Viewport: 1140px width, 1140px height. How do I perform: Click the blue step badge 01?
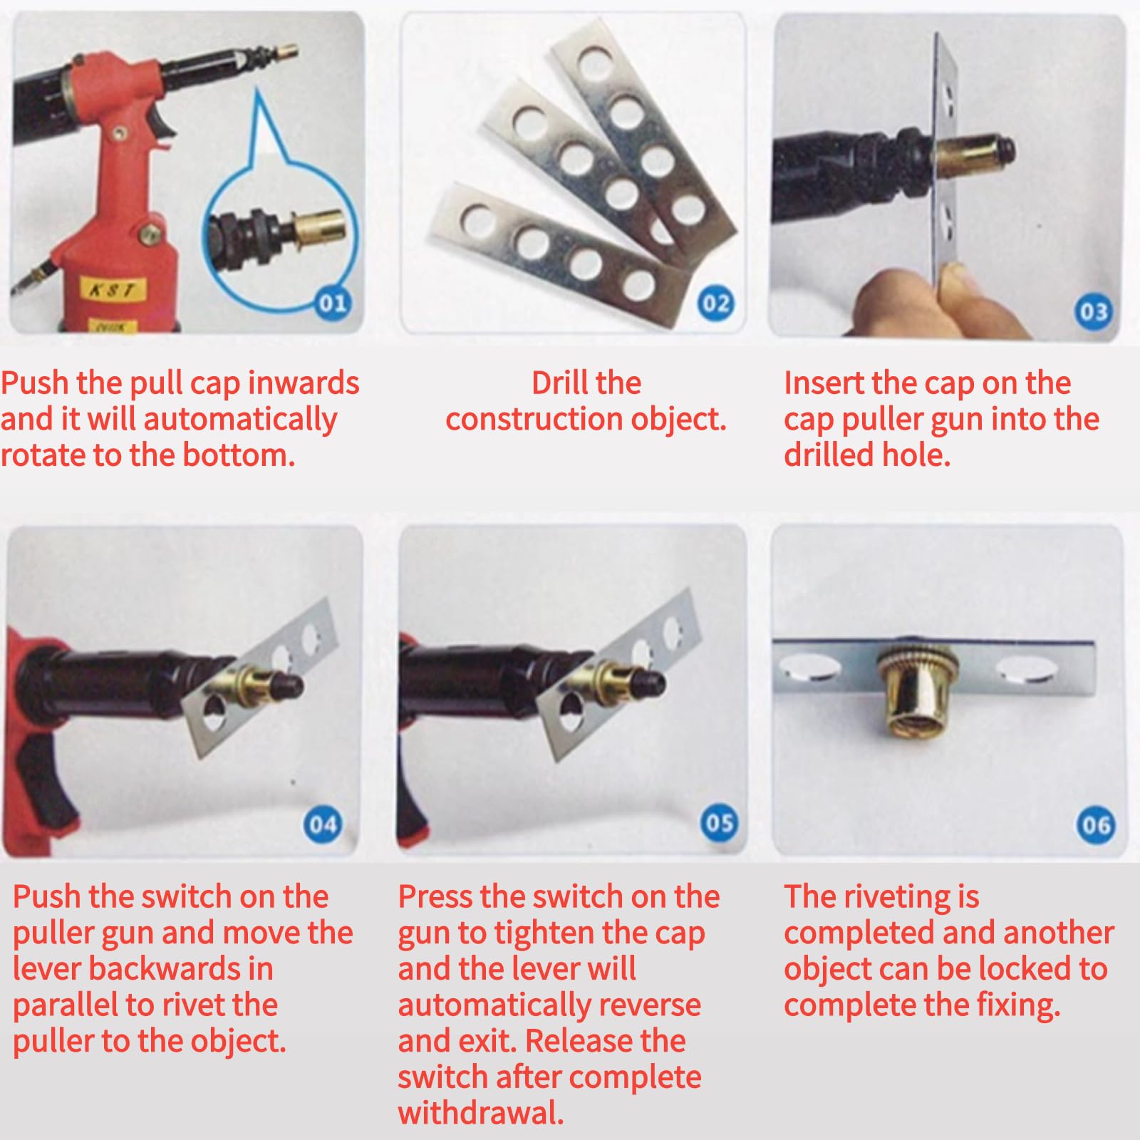pos(332,303)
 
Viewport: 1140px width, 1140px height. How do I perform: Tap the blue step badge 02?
pos(716,304)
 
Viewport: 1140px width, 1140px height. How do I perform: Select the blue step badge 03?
pos(1093,311)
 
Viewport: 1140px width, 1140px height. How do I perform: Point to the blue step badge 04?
pos(323,824)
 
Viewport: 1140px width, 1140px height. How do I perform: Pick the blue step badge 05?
pos(719,822)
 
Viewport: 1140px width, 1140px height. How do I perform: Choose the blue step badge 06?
pos(1095,824)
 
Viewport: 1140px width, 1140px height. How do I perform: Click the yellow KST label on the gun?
pos(112,290)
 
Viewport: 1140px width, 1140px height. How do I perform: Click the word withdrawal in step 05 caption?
pos(481,1113)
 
